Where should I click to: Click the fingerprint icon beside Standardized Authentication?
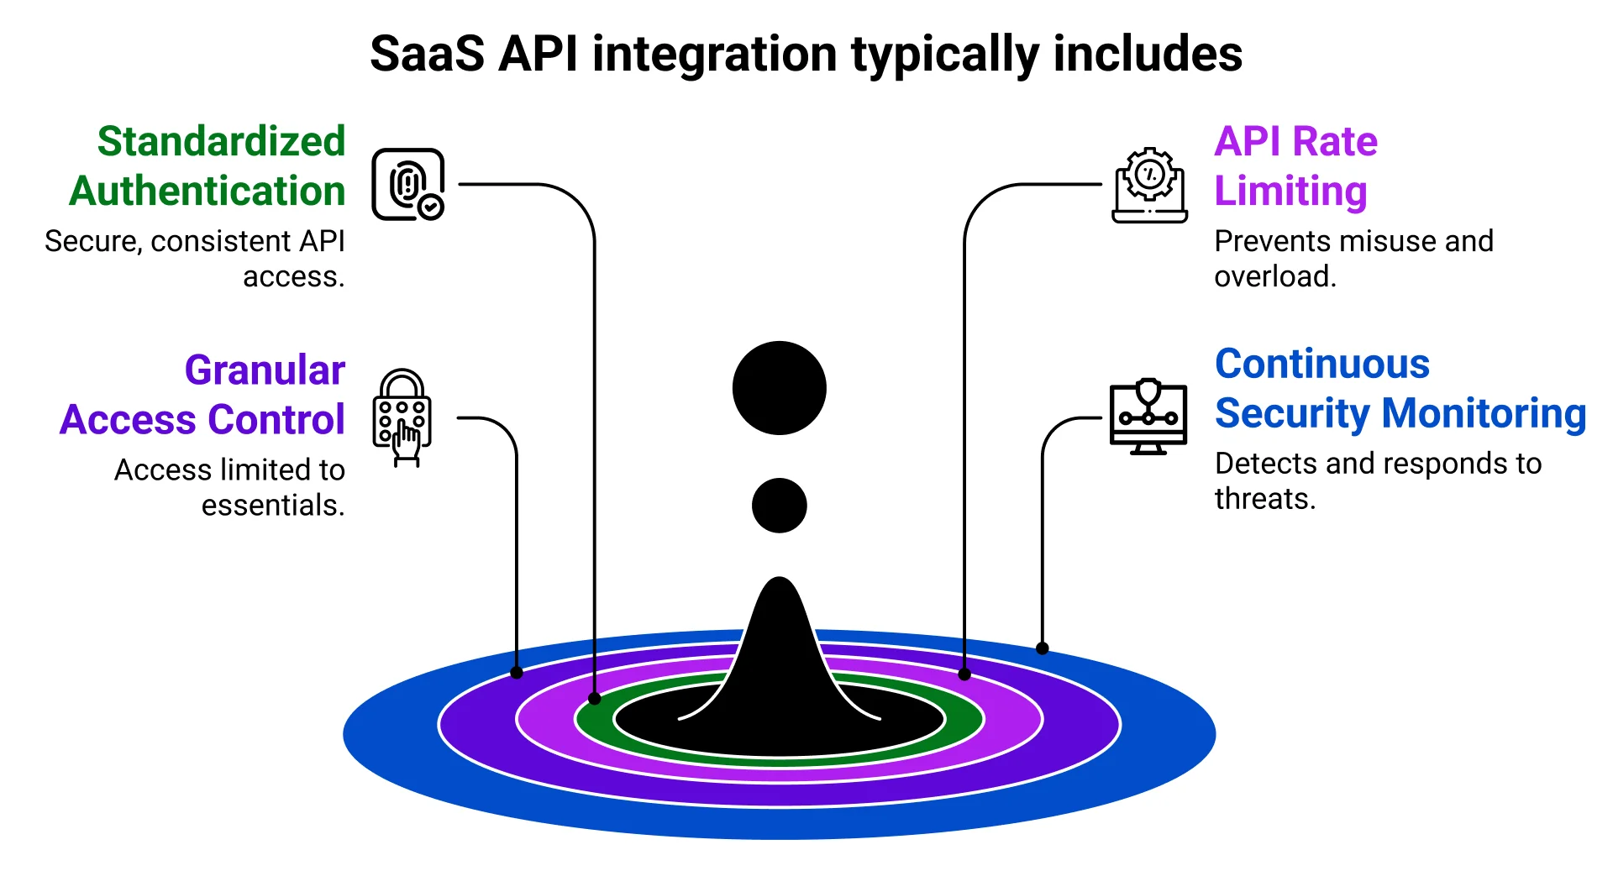[x=407, y=185]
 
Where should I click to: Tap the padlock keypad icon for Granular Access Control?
[x=402, y=417]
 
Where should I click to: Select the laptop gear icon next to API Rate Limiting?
[x=1149, y=186]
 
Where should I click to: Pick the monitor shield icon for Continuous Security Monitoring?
[x=1148, y=417]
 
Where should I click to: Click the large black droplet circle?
[x=779, y=388]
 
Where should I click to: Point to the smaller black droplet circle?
[x=779, y=506]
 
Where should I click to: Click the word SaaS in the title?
[x=427, y=55]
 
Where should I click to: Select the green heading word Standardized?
[x=222, y=141]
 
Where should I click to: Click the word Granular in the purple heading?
[x=265, y=370]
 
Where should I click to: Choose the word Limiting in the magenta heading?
[x=1290, y=191]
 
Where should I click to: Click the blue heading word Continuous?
[x=1322, y=364]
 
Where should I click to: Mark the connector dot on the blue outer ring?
[x=1042, y=648]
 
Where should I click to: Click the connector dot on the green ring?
[x=595, y=699]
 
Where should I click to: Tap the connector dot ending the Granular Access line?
[x=517, y=673]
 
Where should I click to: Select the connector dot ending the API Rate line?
[x=964, y=674]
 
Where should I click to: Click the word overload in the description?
[x=1274, y=276]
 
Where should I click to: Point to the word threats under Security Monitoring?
[x=1264, y=499]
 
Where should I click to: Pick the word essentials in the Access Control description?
[x=272, y=506]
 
